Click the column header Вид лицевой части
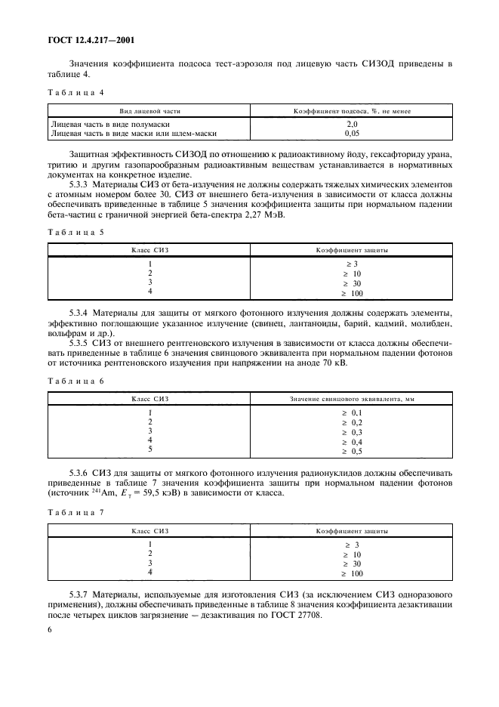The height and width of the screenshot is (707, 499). click(149, 110)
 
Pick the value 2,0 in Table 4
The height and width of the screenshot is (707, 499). click(352, 123)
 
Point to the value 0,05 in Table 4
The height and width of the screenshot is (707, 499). click(352, 132)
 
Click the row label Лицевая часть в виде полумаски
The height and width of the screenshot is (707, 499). click(109, 123)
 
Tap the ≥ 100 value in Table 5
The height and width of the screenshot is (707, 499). click(352, 292)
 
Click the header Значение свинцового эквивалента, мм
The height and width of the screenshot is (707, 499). click(352, 398)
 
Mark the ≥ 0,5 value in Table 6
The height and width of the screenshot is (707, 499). click(352, 451)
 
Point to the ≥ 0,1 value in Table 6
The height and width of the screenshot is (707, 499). click(352, 412)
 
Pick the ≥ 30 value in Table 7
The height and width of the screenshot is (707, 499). click(352, 563)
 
